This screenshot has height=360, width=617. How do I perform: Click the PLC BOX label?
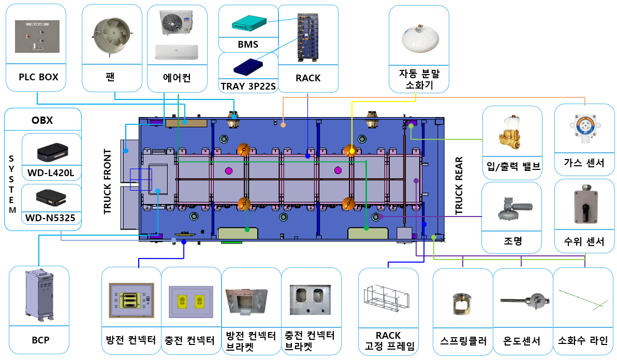(x=38, y=77)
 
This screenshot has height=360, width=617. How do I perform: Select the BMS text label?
(x=248, y=45)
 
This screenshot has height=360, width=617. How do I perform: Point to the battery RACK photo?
(x=308, y=37)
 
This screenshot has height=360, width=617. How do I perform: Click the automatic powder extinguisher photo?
(x=418, y=36)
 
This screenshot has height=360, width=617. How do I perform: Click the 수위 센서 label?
(x=584, y=241)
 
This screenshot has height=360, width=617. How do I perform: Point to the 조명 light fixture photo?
(x=511, y=208)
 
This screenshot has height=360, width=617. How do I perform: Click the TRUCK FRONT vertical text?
(x=108, y=181)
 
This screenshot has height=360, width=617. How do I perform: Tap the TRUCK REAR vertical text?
(x=459, y=185)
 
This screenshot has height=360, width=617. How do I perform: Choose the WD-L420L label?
(x=51, y=170)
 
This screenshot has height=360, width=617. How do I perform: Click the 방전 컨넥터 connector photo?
(x=131, y=300)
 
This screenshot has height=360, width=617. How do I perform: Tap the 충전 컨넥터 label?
(x=190, y=340)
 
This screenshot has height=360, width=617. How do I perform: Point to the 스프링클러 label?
(x=462, y=341)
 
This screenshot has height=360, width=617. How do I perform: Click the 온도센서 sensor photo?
(x=522, y=300)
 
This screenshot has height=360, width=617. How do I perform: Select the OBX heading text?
(x=42, y=121)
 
